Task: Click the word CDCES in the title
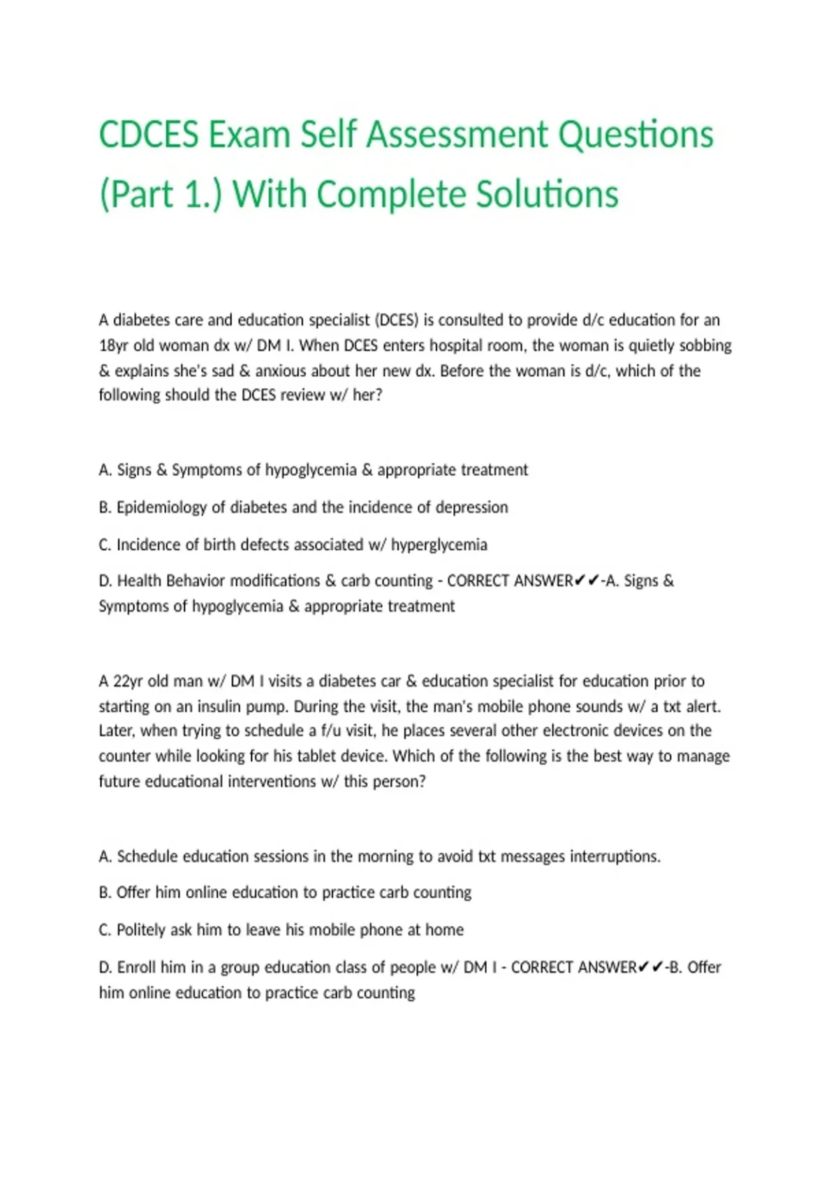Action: point(149,134)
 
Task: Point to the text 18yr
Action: point(113,346)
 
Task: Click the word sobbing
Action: point(706,346)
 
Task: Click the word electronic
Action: point(578,731)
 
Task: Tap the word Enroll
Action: point(136,968)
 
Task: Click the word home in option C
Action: point(445,930)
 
